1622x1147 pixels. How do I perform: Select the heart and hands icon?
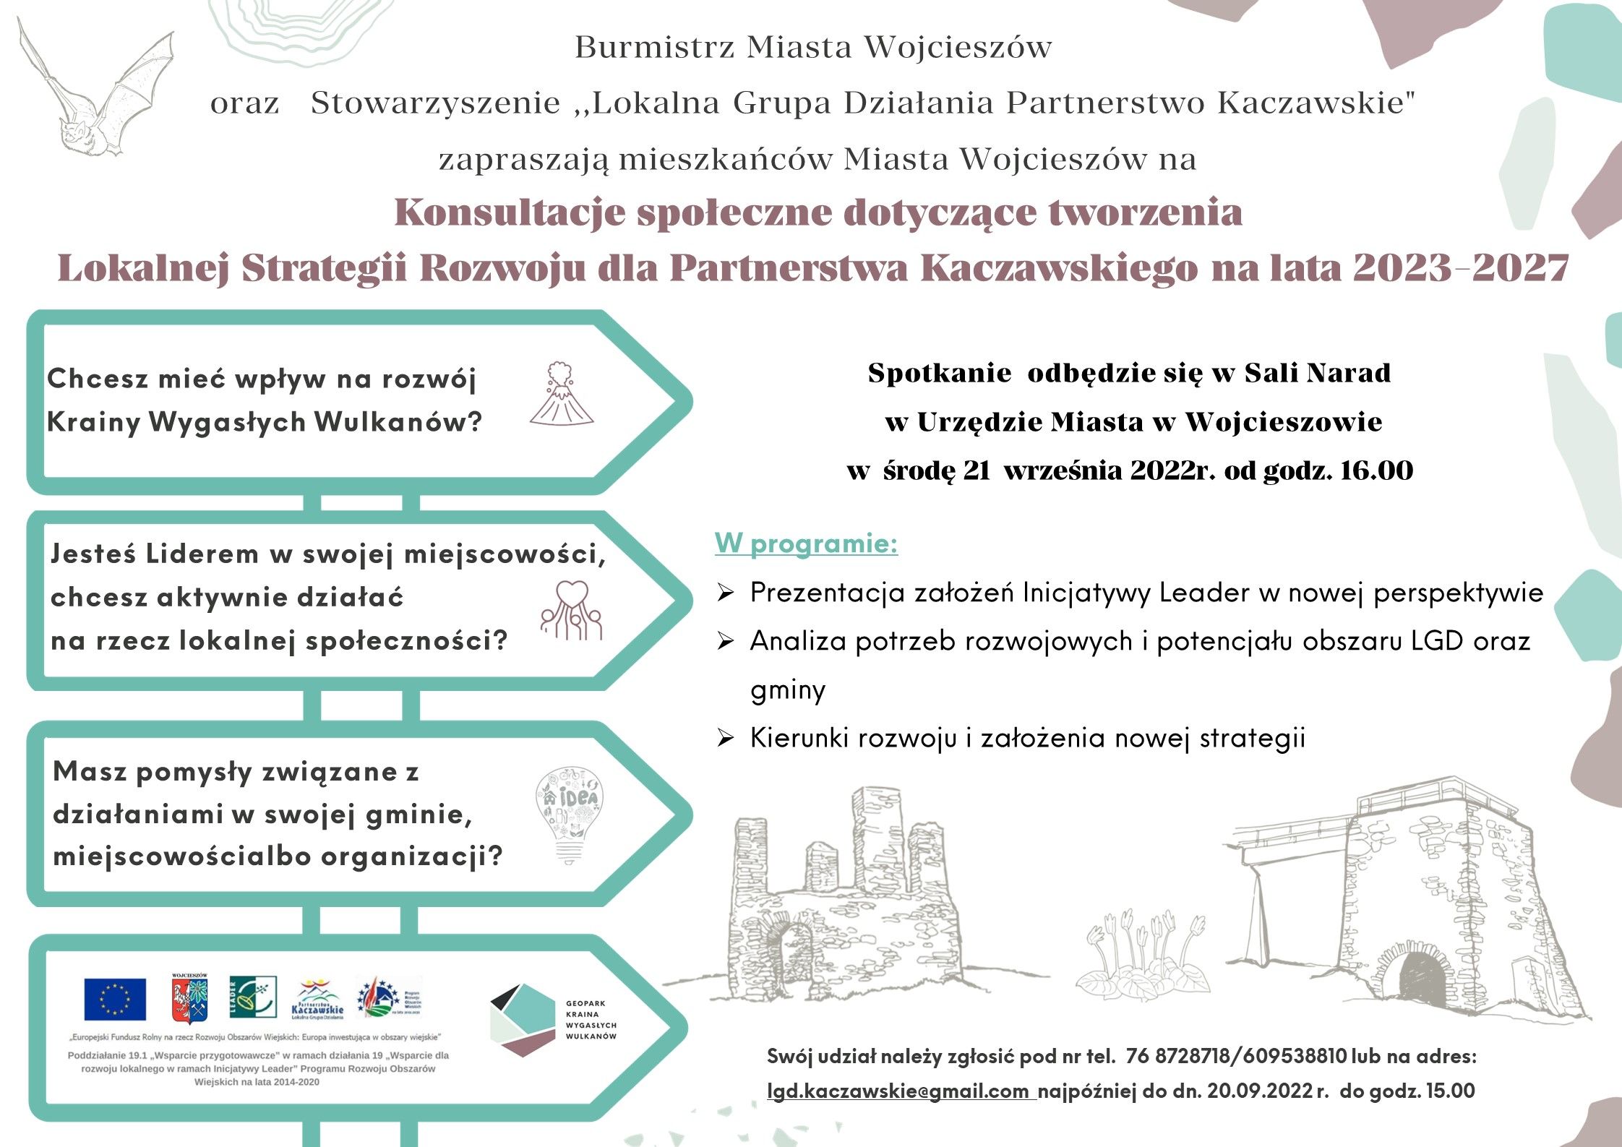coord(572,611)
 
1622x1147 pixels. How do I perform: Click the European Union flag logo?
coord(115,999)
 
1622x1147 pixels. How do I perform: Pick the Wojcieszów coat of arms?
coord(189,999)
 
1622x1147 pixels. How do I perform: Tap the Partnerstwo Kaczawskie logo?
coord(317,1000)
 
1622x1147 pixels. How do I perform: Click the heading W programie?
coord(806,544)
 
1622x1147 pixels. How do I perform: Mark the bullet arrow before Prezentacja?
coord(725,593)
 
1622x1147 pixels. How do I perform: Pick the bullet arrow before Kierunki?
coord(725,739)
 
